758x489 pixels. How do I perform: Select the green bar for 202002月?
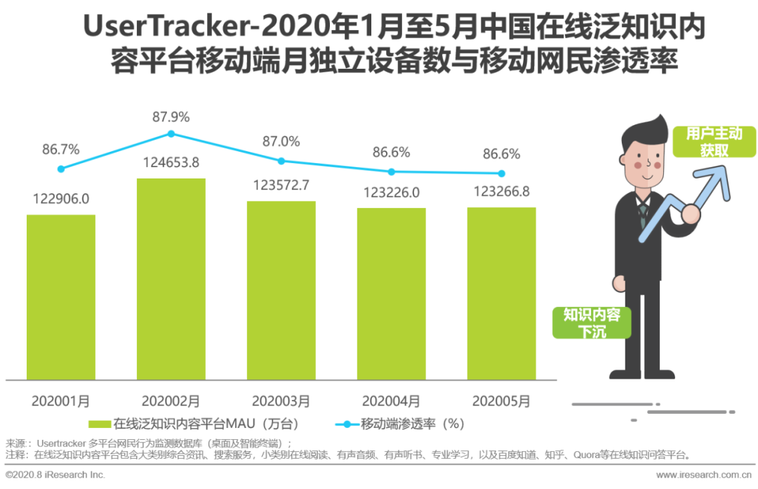point(171,278)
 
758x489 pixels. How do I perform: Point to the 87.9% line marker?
point(171,133)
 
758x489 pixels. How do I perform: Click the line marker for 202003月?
point(281,161)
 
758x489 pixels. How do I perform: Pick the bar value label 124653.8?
point(171,162)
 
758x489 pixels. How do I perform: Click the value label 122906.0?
point(61,199)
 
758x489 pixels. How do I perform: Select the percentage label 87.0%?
point(281,141)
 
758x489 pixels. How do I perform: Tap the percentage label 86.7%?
point(61,149)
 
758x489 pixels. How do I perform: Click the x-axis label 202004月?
point(391,401)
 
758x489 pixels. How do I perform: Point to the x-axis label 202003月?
point(281,401)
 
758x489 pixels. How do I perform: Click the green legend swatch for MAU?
point(99,424)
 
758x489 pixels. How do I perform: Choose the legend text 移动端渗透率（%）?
point(413,424)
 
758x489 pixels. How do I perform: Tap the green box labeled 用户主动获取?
point(713,141)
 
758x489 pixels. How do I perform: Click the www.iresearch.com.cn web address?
point(702,476)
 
